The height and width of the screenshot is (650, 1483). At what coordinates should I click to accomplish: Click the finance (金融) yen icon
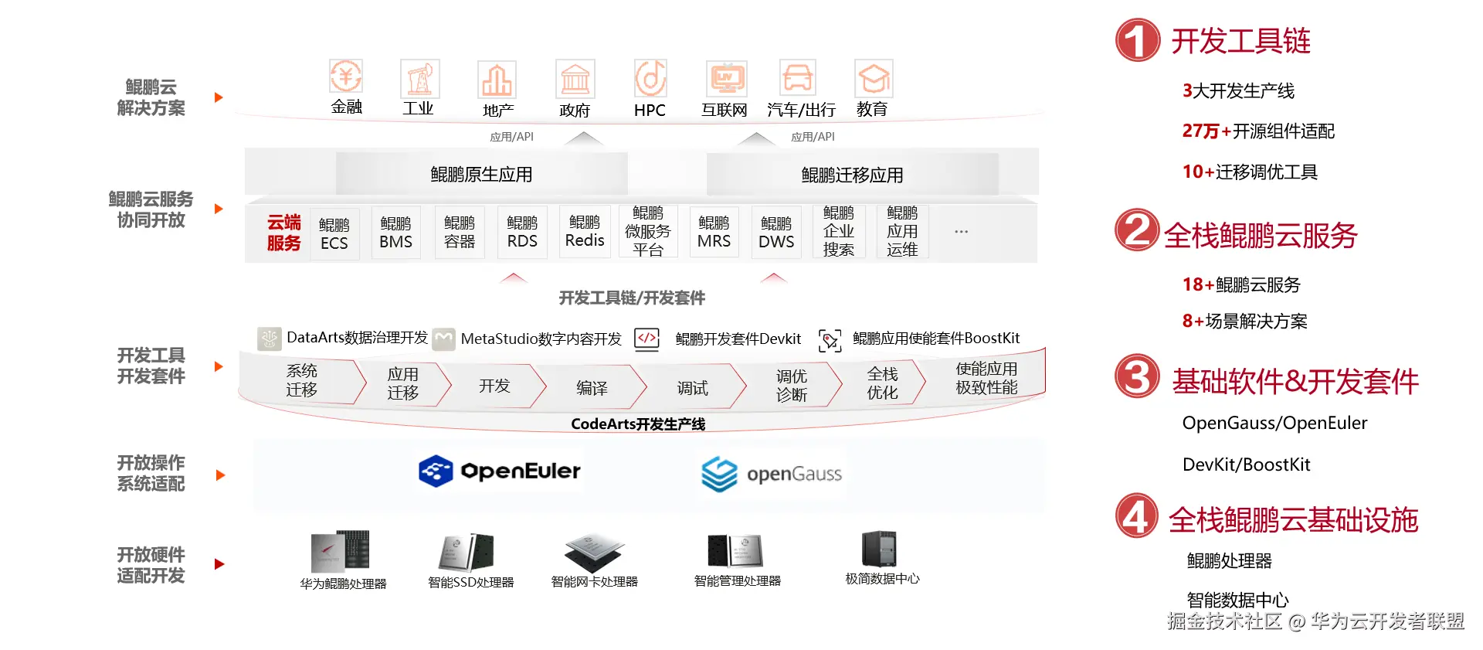point(346,77)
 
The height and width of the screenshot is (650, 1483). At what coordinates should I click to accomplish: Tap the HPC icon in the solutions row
point(650,78)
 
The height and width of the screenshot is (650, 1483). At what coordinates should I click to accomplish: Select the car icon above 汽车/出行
point(797,78)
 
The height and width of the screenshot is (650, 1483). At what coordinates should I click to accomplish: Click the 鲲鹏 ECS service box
point(334,233)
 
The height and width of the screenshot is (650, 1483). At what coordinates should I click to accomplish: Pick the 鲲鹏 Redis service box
point(585,231)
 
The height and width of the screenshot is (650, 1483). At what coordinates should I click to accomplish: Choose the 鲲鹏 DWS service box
point(776,232)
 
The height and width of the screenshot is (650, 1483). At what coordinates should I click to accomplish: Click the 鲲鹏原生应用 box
point(481,174)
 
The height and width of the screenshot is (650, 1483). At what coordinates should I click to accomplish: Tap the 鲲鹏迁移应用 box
point(852,175)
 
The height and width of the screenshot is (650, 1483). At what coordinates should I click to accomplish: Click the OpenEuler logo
point(499,471)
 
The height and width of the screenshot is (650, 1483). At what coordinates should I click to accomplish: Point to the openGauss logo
point(771,474)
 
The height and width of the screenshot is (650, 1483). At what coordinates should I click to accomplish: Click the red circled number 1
point(1137,41)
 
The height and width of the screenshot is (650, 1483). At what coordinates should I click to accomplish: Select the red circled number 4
point(1136,516)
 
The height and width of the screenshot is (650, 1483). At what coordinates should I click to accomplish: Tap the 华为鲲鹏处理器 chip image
point(340,551)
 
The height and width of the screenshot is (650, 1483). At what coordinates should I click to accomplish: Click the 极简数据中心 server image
point(879,549)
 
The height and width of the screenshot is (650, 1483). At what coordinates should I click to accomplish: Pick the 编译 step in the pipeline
point(592,387)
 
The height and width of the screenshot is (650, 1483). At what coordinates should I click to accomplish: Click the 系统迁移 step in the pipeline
point(301,380)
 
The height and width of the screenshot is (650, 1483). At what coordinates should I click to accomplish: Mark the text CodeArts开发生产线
point(638,424)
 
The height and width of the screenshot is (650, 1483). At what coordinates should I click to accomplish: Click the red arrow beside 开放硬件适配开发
point(219,564)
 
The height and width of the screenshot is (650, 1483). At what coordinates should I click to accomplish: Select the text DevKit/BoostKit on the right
point(1246,465)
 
